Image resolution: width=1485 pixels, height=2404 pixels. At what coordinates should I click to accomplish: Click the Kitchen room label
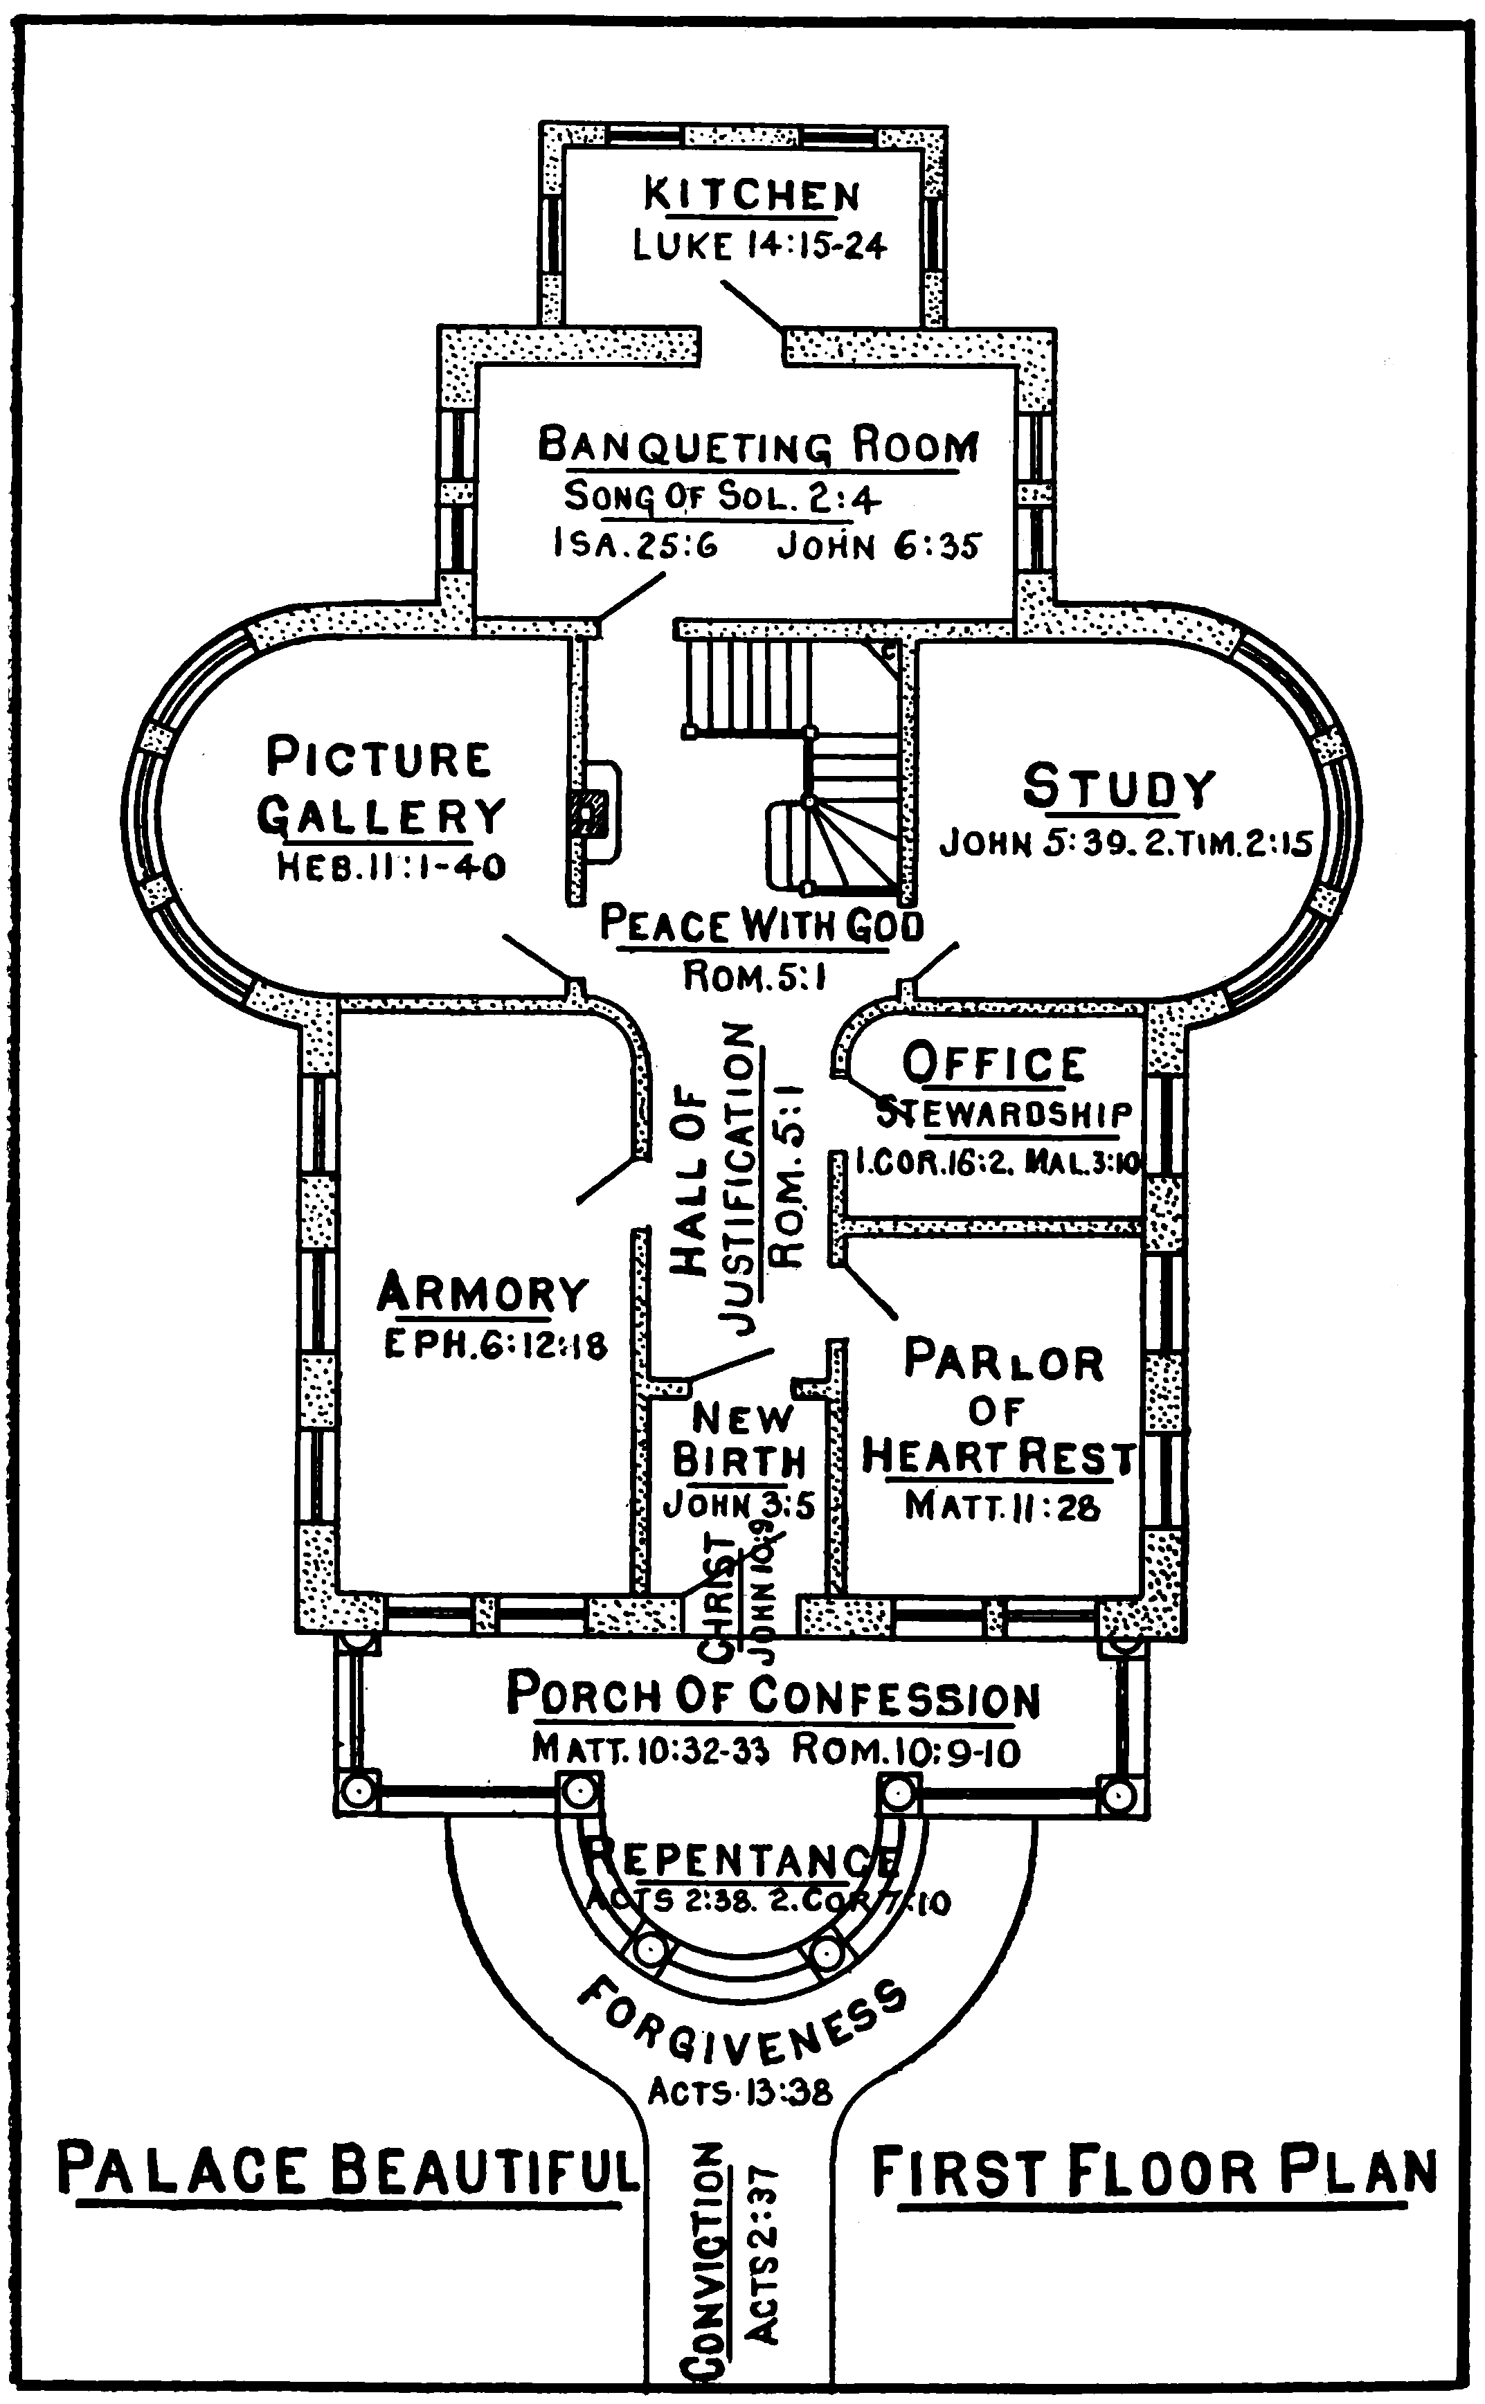(753, 195)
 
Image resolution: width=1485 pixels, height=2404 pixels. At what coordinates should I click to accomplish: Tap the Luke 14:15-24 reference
(759, 244)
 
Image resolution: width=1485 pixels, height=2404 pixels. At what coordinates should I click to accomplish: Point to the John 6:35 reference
(879, 546)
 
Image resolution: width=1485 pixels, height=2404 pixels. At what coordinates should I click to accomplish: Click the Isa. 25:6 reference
(636, 544)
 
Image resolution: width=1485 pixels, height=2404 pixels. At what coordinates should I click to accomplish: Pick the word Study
(1119, 788)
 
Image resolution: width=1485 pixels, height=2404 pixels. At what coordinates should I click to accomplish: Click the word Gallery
(381, 815)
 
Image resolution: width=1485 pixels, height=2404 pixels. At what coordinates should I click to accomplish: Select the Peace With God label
(761, 925)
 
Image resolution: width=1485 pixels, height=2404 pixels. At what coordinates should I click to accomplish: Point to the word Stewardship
(1004, 1114)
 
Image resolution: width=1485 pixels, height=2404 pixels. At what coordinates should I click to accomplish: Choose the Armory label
(483, 1292)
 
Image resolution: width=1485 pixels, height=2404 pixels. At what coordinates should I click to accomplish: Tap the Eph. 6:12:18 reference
(495, 1344)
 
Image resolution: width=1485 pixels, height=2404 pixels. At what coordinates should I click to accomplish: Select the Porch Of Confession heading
(773, 1696)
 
